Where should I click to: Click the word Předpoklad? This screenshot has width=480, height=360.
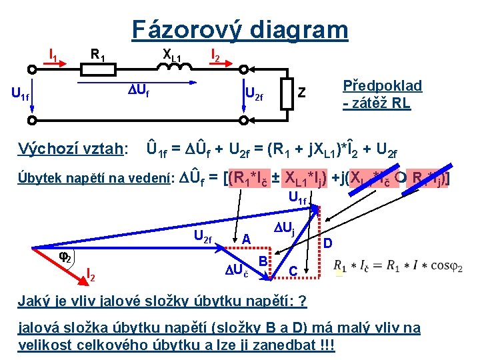(382, 86)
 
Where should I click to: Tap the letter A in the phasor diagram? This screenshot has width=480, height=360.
(246, 239)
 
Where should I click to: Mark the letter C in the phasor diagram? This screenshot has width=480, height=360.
(293, 271)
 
